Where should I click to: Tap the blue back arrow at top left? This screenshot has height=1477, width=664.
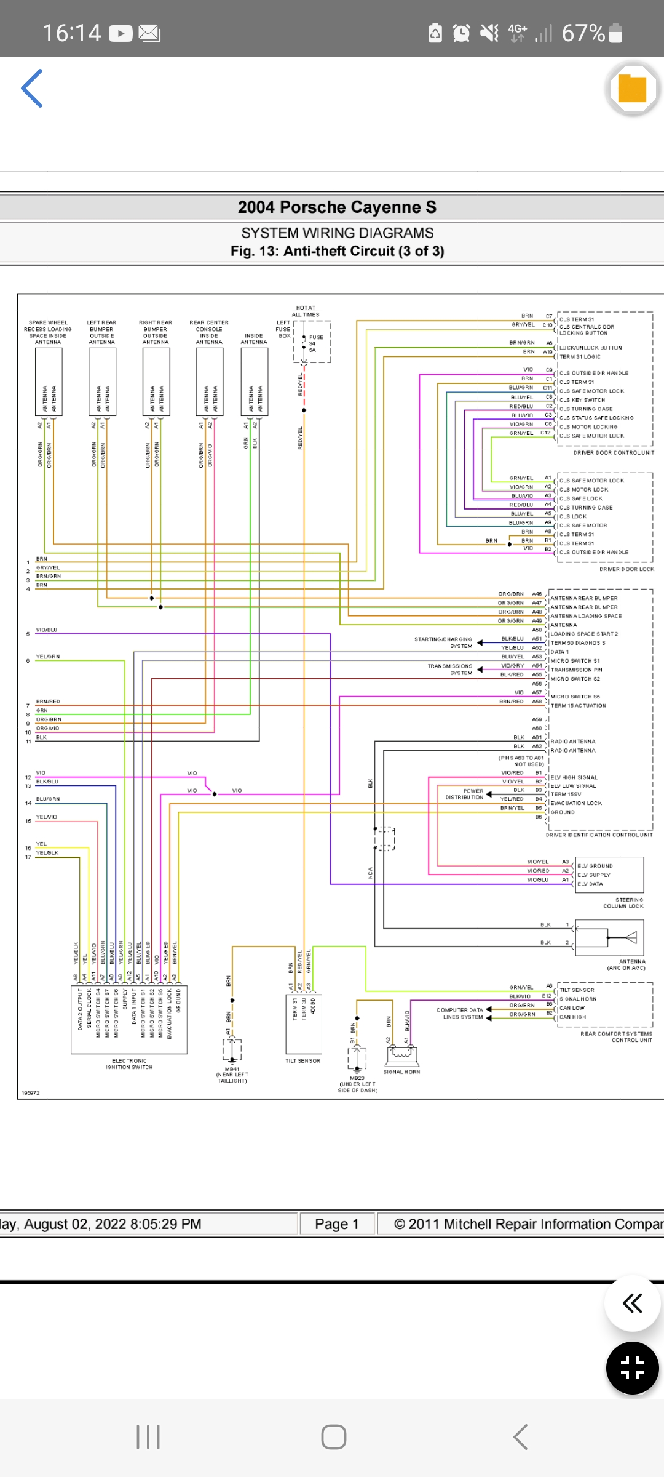(32, 89)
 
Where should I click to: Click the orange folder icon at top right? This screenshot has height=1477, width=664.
(632, 89)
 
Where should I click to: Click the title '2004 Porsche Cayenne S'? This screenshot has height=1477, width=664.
(337, 207)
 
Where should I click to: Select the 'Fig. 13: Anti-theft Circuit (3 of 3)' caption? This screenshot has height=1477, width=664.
(337, 251)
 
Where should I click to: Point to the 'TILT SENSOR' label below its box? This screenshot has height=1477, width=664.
(302, 1061)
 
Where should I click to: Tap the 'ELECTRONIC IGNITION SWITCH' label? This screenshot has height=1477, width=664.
(129, 1064)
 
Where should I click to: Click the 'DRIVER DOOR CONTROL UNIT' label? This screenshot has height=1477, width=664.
(614, 453)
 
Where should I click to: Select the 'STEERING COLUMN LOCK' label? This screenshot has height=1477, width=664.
(623, 903)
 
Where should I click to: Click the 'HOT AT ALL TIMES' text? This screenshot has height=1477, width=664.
(306, 311)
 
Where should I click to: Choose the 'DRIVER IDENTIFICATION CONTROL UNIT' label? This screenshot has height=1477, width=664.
(599, 835)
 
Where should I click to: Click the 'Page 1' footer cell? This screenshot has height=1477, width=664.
(337, 1224)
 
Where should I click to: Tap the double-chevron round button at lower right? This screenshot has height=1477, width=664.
(632, 1303)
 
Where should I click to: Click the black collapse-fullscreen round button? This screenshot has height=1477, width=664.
(632, 1367)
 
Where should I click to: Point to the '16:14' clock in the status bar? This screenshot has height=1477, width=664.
(71, 33)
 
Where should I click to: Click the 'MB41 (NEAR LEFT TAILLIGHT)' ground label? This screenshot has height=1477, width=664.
(232, 1075)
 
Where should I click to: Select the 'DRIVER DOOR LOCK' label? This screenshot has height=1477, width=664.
(626, 570)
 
